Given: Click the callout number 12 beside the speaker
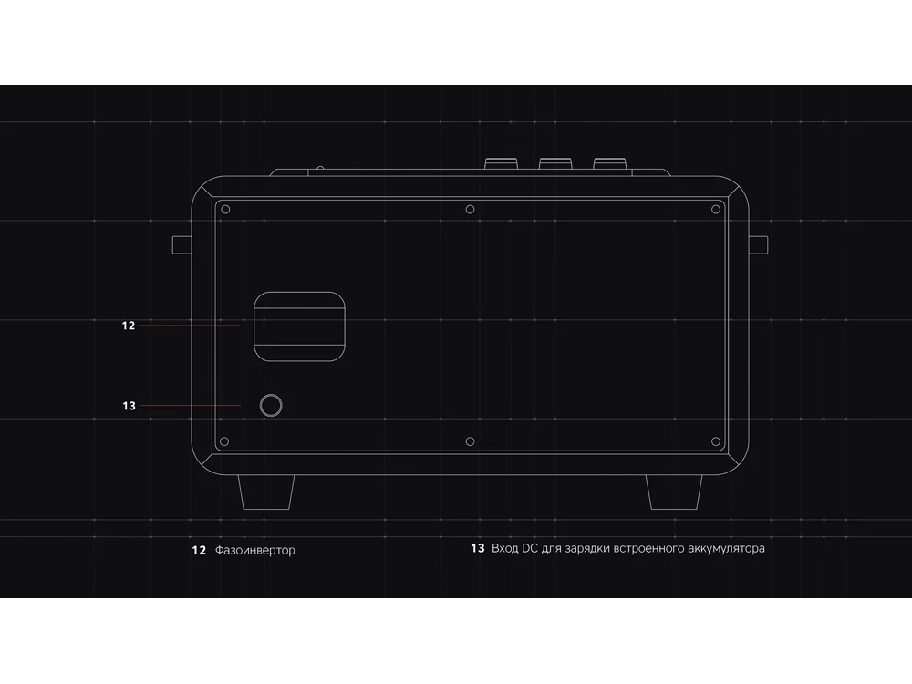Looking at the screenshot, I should click(x=129, y=325).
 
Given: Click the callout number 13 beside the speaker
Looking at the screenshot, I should click(x=129, y=406).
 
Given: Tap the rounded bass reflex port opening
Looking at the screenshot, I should click(x=299, y=326).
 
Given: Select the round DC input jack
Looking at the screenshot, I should click(x=271, y=406).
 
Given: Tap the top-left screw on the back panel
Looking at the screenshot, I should click(x=226, y=210).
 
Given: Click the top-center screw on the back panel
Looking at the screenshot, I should click(x=470, y=210).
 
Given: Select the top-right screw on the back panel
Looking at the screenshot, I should click(x=715, y=210).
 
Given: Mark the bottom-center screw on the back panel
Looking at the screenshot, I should click(x=470, y=441).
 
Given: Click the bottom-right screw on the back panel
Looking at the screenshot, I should click(x=715, y=441).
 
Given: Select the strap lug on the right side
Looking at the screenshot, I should click(x=759, y=244).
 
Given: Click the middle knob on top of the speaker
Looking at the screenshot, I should click(x=554, y=164).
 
